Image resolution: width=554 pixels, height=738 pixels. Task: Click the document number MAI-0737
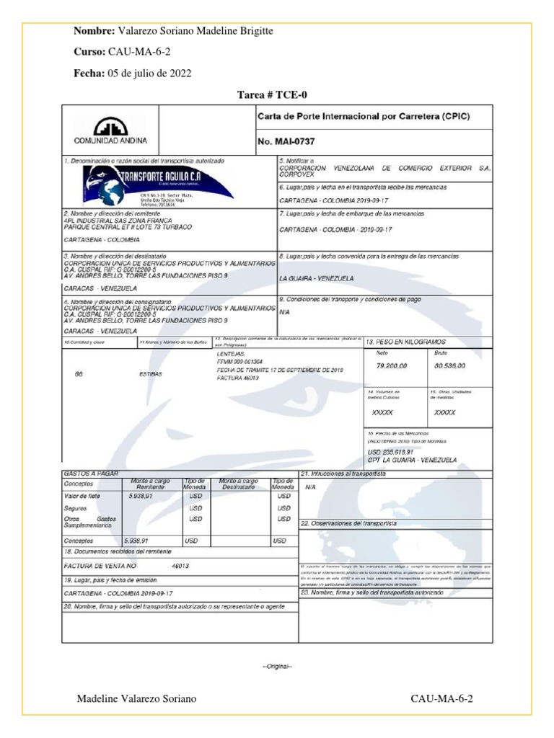[287, 142]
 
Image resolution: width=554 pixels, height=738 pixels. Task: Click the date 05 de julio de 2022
[150, 74]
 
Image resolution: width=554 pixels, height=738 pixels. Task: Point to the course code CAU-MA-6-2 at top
[139, 53]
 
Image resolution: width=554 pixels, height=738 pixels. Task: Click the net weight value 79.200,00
[392, 365]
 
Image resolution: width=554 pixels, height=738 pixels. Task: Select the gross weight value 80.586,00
[449, 365]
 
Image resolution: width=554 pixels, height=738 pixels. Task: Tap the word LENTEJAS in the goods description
[231, 355]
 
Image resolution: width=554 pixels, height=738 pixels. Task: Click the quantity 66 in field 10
[79, 374]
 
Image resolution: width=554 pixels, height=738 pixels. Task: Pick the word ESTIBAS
[150, 374]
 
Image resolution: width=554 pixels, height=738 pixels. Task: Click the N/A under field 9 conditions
[284, 312]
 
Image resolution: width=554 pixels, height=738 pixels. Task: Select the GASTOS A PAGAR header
[91, 473]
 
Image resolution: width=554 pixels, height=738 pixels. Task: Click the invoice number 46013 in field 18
[180, 566]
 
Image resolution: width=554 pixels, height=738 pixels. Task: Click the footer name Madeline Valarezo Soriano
[136, 699]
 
